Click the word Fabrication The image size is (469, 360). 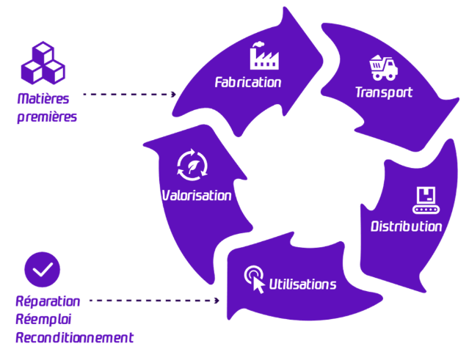coord(247,82)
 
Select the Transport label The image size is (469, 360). coord(384,92)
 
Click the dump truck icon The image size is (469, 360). coord(383,68)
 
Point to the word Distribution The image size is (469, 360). coord(406,226)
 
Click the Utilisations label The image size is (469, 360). coord(303,284)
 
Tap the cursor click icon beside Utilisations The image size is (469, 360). coord(255,278)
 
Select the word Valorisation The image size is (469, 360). coord(196,196)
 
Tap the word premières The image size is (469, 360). coord(46,117)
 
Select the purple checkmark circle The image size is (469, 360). coord(42,269)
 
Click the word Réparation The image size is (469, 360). coord(48,301)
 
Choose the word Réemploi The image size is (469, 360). coord(43,319)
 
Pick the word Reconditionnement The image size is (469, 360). coord(75,337)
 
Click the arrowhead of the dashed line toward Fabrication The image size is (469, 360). coord(174,95)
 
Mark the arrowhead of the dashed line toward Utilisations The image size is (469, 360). coord(217,301)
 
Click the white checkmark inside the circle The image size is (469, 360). coord(42,269)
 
